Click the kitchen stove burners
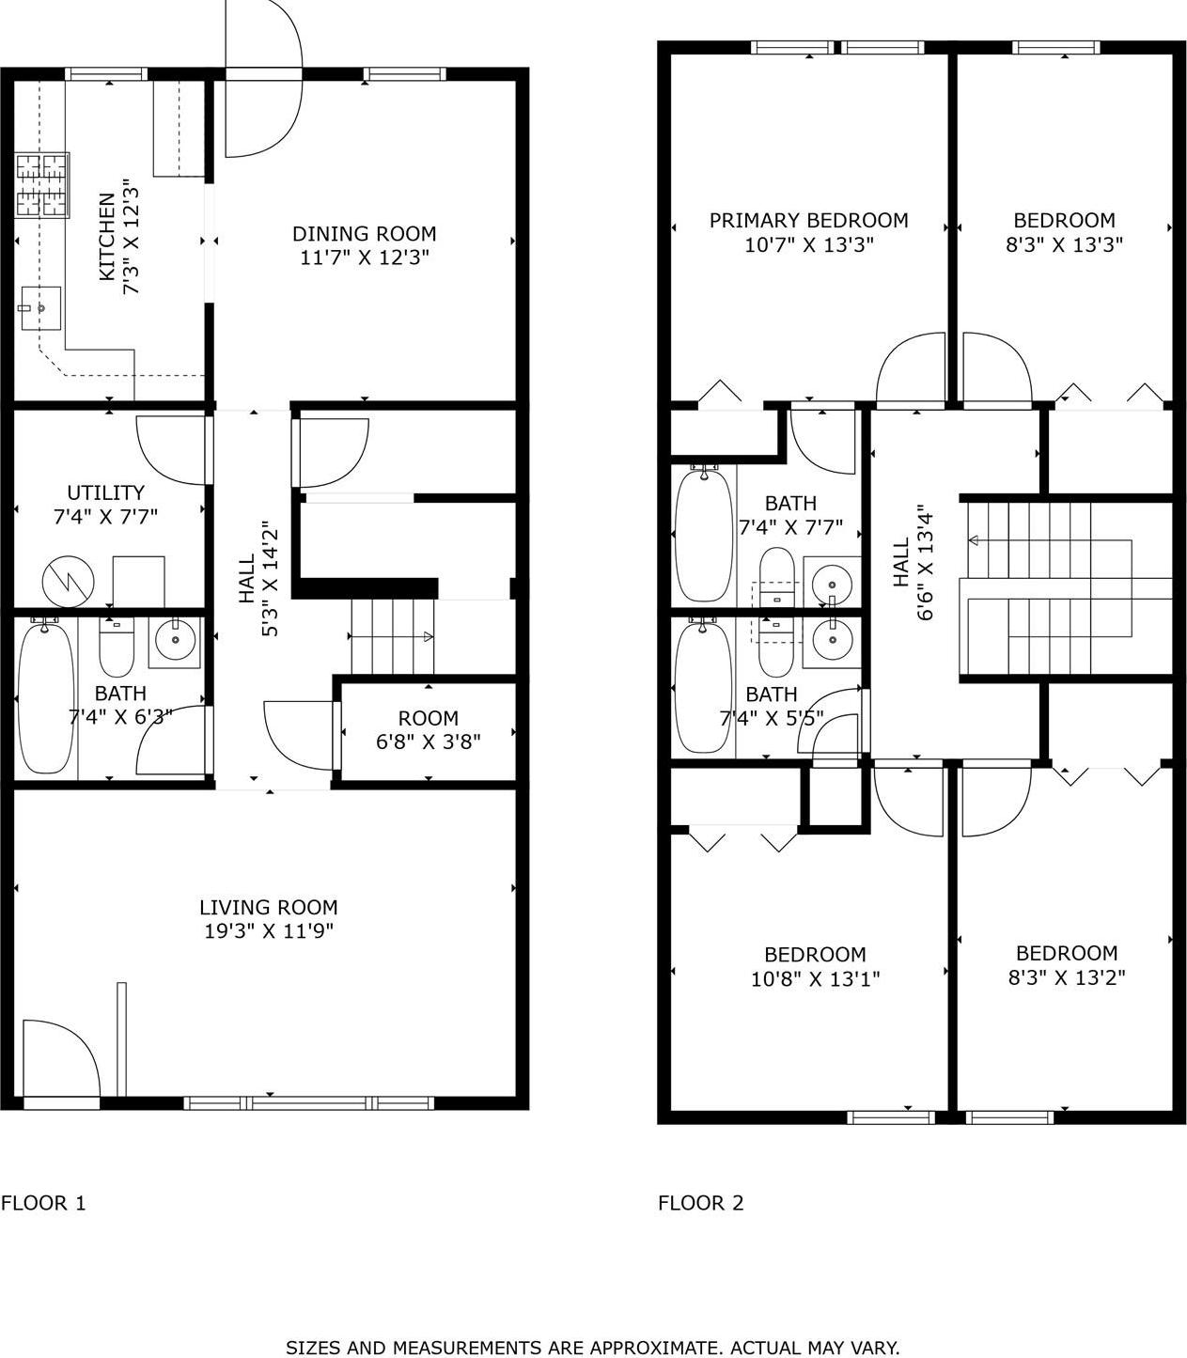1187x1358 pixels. pos(42,185)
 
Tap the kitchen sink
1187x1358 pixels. pos(39,307)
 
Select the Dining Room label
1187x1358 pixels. pos(364,233)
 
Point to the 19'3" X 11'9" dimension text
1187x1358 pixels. pos(269,931)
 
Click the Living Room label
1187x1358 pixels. pos(268,907)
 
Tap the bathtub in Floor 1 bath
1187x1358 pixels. pos(45,695)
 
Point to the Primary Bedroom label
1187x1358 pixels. pos(808,220)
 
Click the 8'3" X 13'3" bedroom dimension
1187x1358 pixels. pos(1064,244)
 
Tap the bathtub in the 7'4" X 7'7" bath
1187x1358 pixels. pos(703,534)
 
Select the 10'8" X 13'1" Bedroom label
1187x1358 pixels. pos(815,954)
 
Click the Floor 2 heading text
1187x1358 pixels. pos(700,1203)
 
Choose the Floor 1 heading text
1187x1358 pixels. pos(43,1203)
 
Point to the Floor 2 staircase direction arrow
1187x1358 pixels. pos(974,540)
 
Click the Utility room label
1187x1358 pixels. pos(105,492)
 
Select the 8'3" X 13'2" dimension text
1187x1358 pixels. pos(1067,977)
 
